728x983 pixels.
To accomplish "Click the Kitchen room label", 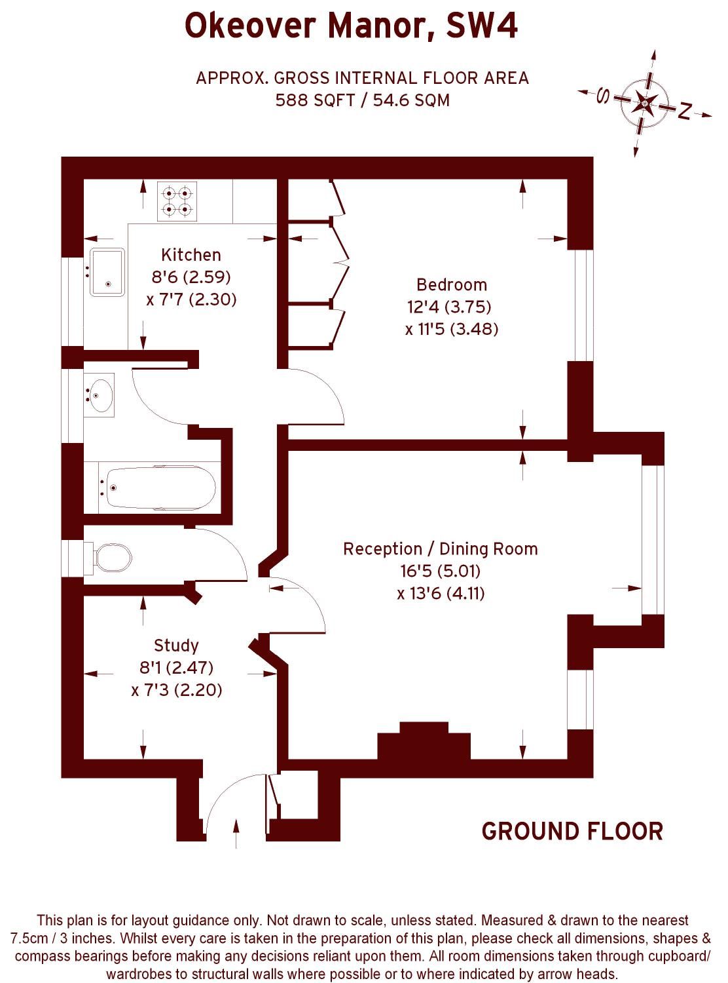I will coord(191,255).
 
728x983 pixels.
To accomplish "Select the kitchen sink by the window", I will coord(107,272).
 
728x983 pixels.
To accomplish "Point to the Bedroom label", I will coord(452,285).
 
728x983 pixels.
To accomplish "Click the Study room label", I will coord(176,646).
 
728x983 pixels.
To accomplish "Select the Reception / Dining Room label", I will coord(441,549).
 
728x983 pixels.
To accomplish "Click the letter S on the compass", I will coord(603,97).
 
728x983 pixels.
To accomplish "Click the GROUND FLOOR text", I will coord(572,832).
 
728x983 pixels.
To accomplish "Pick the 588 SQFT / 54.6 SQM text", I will coord(362,100).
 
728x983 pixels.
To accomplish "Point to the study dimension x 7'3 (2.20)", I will coord(177,690).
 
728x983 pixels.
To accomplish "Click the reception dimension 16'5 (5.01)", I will coord(441,571).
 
